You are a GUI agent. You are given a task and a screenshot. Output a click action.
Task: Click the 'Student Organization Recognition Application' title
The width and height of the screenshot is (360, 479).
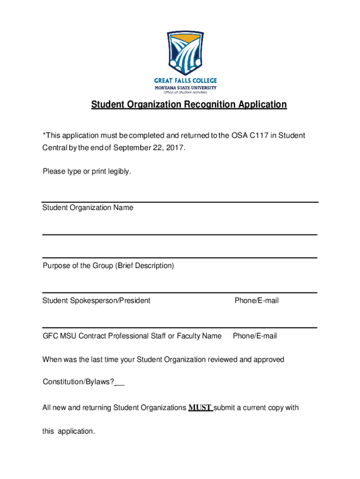point(188,104)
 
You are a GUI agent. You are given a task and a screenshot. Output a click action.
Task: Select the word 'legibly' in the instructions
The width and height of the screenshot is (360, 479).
point(120,172)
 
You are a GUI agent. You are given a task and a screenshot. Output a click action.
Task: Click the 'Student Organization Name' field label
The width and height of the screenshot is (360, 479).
point(88,208)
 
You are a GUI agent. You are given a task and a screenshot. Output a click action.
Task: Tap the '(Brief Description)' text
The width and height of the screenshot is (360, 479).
point(144,266)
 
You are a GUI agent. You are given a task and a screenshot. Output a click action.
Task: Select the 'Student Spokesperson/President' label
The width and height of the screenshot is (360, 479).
point(96,301)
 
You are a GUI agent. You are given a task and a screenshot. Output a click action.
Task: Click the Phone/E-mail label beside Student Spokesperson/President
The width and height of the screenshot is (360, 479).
point(257,301)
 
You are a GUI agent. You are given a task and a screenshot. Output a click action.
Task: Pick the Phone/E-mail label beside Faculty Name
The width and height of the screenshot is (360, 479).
point(255,336)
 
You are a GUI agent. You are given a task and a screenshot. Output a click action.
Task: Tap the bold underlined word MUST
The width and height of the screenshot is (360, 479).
point(200,407)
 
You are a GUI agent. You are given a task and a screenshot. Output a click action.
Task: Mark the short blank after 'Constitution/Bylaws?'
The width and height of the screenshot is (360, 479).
point(120,383)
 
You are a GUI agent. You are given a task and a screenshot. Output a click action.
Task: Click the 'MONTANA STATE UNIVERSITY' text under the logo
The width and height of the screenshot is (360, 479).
point(186,87)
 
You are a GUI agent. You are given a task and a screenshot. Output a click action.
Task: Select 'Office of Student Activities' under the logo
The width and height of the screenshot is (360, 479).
point(185,92)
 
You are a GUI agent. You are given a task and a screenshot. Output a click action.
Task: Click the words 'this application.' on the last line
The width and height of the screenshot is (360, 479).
point(69,431)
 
